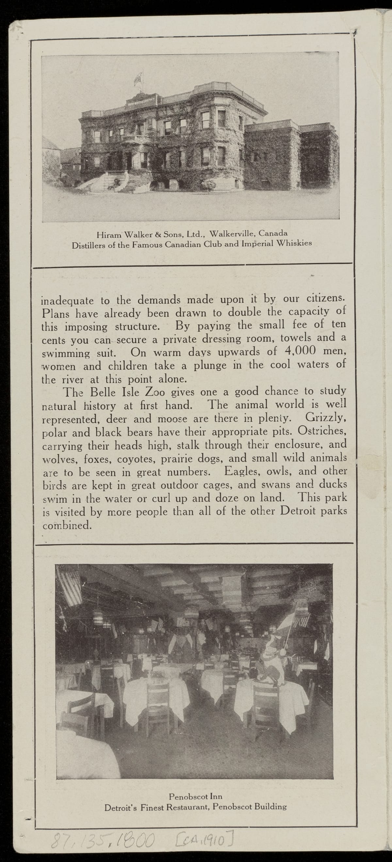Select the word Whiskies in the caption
pos(294,243)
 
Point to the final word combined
pos(67,525)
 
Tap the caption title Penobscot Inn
pos(195,796)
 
